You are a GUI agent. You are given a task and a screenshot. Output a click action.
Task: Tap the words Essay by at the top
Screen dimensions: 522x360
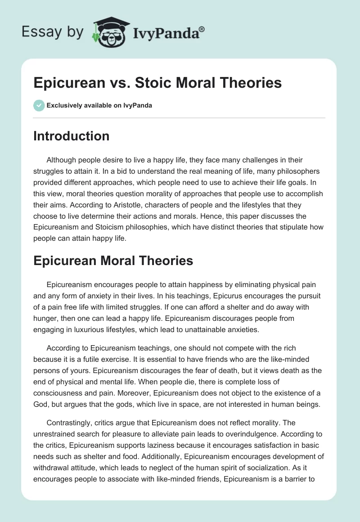pos(53,31)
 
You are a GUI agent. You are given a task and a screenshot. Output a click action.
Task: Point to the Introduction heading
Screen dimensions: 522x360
pos(71,136)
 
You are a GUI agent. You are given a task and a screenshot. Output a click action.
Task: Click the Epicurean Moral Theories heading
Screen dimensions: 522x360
pos(113,260)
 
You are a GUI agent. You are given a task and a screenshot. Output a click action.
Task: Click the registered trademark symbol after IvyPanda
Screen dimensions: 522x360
pos(202,29)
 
